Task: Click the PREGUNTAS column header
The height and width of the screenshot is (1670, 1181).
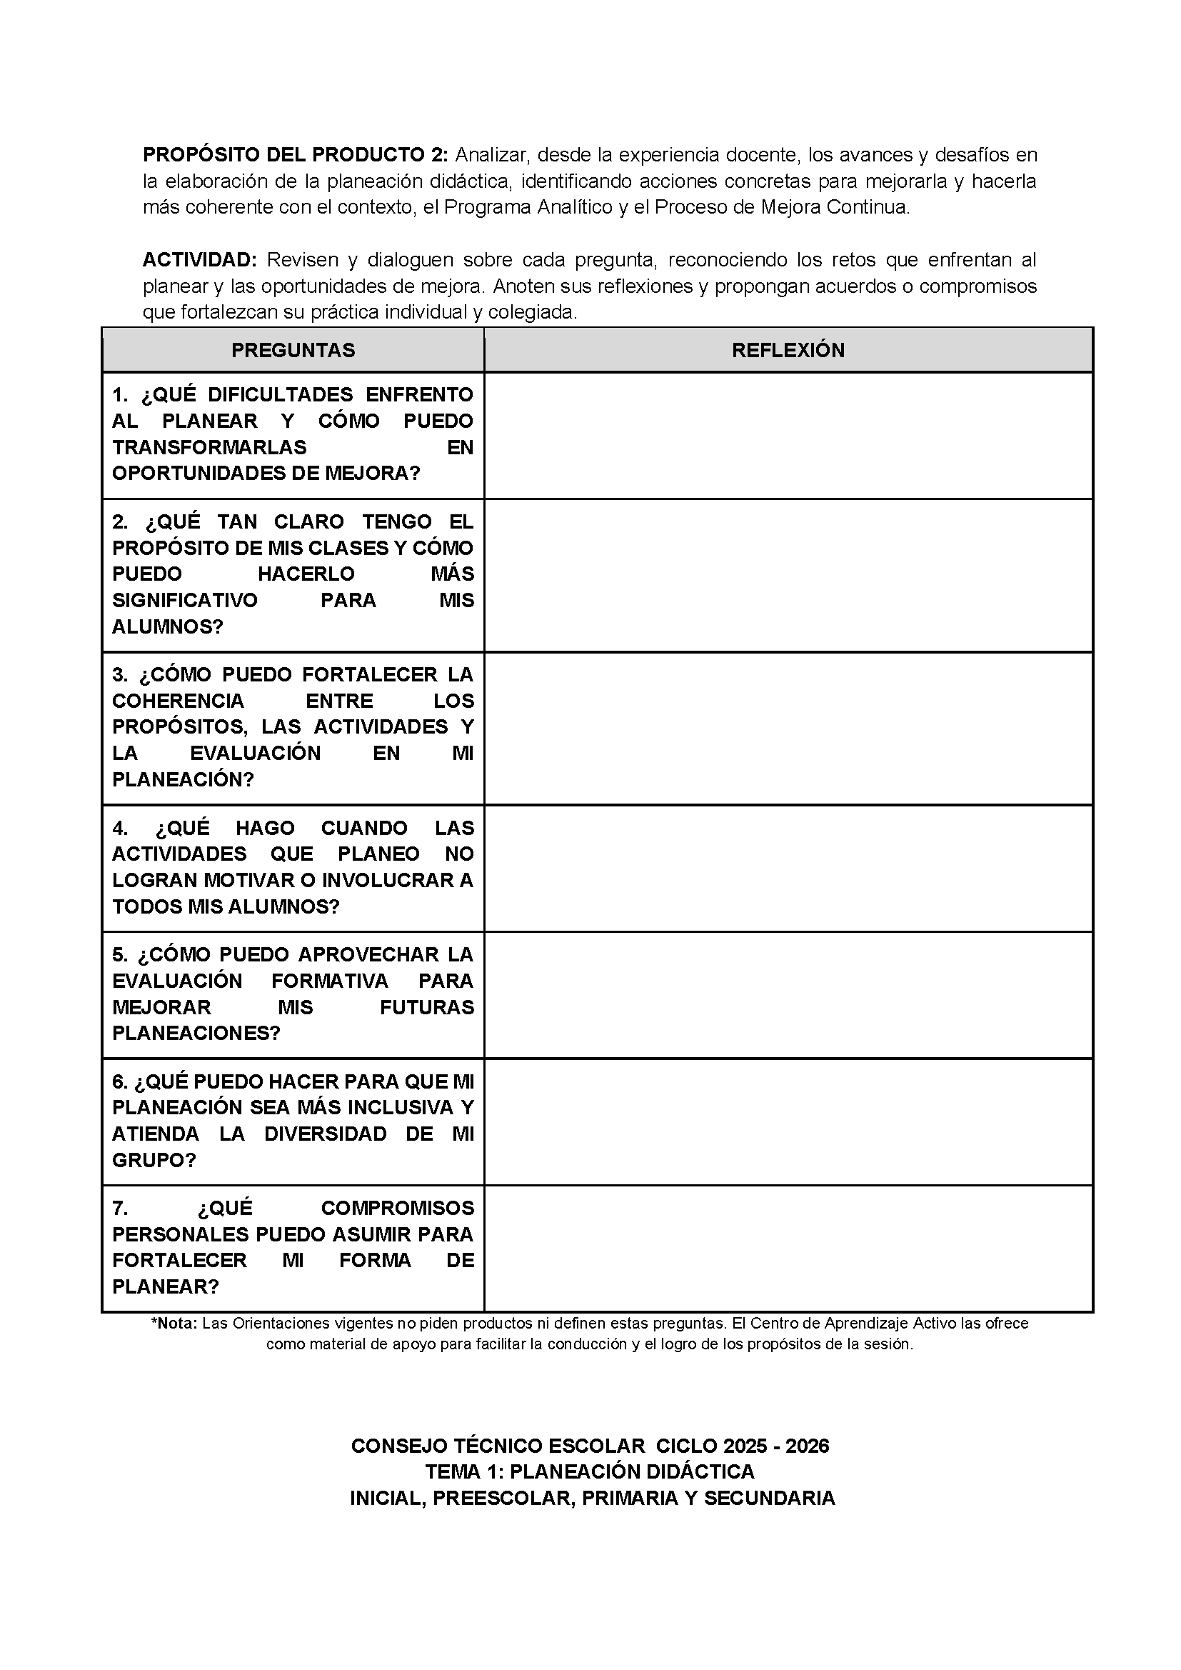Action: coord(293,350)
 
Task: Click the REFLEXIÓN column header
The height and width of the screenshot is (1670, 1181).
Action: coord(788,350)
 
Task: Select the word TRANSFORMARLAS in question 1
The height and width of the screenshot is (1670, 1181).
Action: coord(209,446)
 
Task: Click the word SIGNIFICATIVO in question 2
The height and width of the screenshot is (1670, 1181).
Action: coord(185,600)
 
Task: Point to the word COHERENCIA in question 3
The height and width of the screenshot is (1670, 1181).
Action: coord(179,701)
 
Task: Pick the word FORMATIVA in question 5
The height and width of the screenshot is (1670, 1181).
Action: coord(330,981)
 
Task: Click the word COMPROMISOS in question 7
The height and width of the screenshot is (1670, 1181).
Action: coord(397,1207)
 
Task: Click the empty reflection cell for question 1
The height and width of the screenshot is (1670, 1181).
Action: coord(788,436)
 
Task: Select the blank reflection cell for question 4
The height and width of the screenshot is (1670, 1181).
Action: coord(788,868)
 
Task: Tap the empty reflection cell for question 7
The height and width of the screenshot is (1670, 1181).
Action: coord(788,1248)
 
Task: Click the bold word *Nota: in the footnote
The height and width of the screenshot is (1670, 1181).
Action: coord(174,1323)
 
